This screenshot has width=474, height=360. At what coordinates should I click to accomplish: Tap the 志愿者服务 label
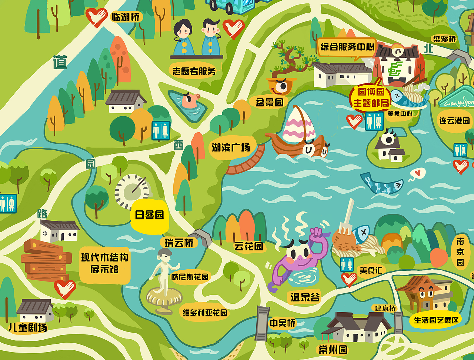pyautogui.click(x=194, y=71)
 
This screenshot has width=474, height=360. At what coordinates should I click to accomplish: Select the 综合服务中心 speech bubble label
pyautogui.click(x=347, y=47)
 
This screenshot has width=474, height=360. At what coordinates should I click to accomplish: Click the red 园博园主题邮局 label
pyautogui.click(x=370, y=97)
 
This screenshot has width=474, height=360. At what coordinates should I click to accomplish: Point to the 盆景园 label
pyautogui.click(x=269, y=102)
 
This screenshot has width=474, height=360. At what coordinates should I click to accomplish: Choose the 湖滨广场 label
pyautogui.click(x=230, y=148)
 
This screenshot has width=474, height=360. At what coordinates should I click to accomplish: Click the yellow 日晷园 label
pyautogui.click(x=149, y=215)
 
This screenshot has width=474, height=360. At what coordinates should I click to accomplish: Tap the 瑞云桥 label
pyautogui.click(x=179, y=243)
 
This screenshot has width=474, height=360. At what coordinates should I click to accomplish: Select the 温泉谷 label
pyautogui.click(x=305, y=297)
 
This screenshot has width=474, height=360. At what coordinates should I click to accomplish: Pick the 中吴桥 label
pyautogui.click(x=283, y=323)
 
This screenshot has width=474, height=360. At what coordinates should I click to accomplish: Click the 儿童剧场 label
pyautogui.click(x=28, y=328)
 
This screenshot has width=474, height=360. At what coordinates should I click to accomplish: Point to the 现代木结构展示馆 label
pyautogui.click(x=105, y=263)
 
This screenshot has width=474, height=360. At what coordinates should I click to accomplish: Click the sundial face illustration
pyautogui.click(x=133, y=190)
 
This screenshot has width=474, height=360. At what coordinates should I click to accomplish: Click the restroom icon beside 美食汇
pyautogui.click(x=347, y=264)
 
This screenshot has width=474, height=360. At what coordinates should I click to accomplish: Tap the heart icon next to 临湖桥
pyautogui.click(x=96, y=17)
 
